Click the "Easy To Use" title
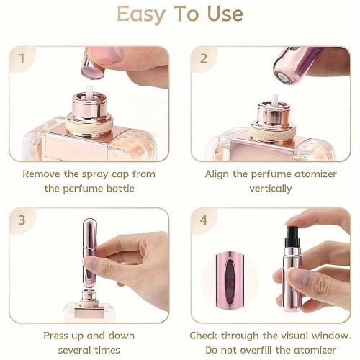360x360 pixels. (179, 14)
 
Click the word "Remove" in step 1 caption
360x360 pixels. (43, 174)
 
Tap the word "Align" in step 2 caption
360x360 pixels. (220, 174)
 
